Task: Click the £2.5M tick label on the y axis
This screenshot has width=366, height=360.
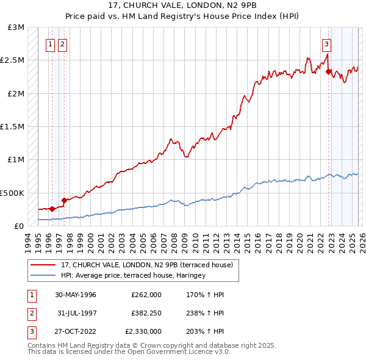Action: click(12, 60)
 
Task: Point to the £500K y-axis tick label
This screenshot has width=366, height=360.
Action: click(12, 193)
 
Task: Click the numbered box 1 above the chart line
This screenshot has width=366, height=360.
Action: click(51, 44)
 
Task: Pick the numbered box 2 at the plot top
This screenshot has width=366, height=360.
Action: click(63, 44)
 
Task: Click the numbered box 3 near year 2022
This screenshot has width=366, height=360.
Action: click(327, 44)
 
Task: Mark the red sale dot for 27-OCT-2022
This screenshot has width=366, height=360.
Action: click(328, 71)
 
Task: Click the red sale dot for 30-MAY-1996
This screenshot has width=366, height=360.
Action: click(52, 208)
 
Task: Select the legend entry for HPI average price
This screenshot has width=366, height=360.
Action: click(133, 275)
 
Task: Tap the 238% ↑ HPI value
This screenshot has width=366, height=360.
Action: click(207, 313)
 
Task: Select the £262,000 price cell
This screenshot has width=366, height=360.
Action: click(146, 295)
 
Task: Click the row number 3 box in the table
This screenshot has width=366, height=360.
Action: click(30, 331)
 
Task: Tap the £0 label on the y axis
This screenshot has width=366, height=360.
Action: click(18, 226)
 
